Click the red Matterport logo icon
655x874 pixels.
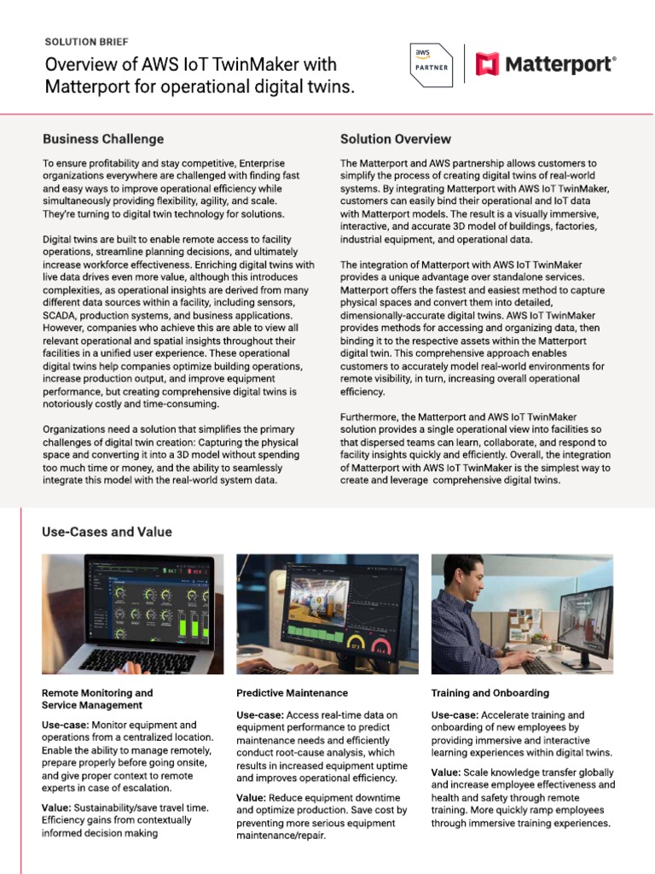[487, 63]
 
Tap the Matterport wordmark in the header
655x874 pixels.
[559, 64]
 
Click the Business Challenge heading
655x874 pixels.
[103, 139]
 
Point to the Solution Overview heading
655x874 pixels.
[396, 139]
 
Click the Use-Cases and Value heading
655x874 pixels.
[107, 532]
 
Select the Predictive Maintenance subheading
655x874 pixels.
[292, 693]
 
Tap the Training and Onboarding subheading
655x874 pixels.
[490, 693]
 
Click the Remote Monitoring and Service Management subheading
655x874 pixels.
[97, 699]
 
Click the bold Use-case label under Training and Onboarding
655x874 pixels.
[455, 714]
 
